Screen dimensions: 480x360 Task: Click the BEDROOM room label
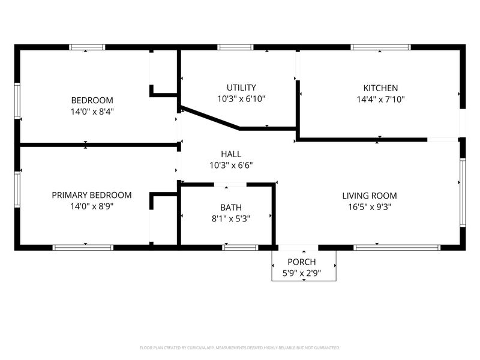[92, 100]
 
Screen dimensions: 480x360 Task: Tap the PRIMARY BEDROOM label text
[92, 195]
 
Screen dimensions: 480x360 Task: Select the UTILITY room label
[241, 88]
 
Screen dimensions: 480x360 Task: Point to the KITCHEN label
[380, 88]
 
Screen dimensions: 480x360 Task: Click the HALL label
[231, 154]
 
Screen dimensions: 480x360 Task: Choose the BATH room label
[231, 208]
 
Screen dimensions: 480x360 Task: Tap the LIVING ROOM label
[370, 196]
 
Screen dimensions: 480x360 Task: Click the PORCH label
[302, 262]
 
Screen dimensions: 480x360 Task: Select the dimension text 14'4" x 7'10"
[381, 100]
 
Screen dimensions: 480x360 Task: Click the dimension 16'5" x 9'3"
[370, 207]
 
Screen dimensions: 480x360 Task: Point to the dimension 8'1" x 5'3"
[231, 219]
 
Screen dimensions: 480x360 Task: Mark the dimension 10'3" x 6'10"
[241, 99]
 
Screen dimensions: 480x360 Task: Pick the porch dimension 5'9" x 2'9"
[302, 273]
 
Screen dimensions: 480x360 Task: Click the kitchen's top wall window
[380, 47]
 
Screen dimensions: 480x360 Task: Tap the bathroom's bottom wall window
[241, 248]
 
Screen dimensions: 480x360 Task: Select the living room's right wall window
[463, 193]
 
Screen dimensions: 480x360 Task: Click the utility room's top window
[235, 47]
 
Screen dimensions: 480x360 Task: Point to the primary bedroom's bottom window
[83, 248]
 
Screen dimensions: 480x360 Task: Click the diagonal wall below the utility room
[210, 118]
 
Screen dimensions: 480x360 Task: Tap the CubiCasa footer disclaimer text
[239, 348]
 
